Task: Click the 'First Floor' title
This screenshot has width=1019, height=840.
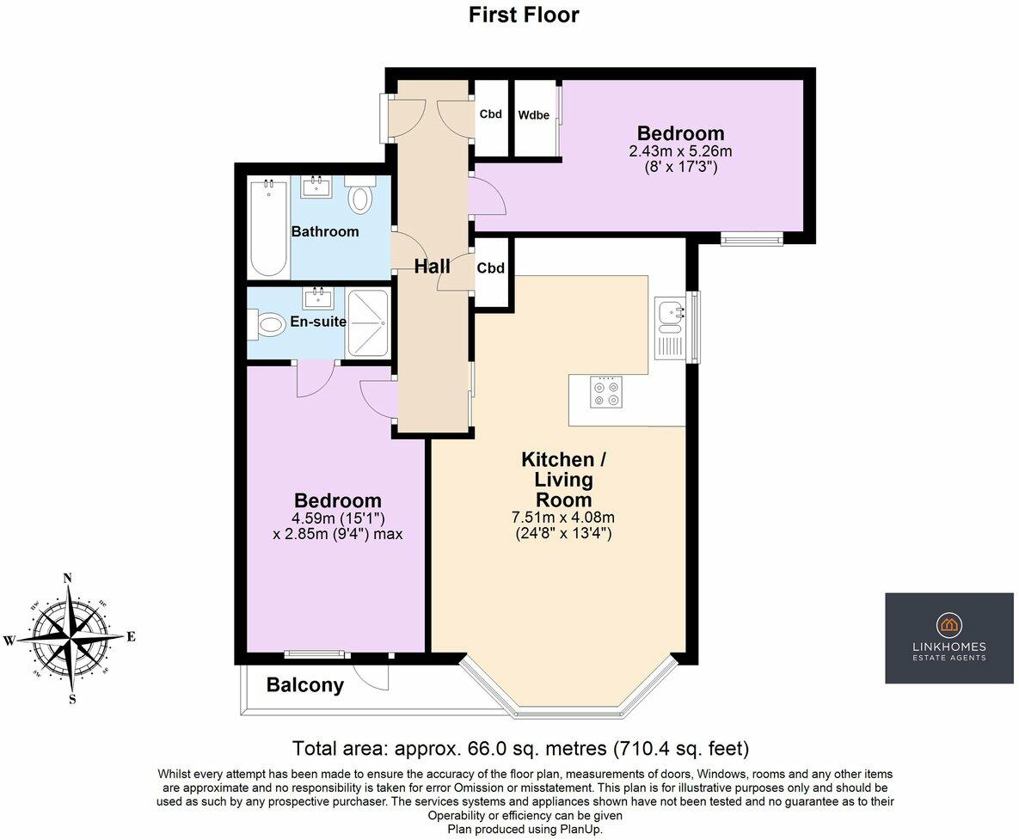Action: click(524, 15)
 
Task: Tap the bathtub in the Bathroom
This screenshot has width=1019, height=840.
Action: click(269, 230)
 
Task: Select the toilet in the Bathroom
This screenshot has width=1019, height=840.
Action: click(360, 194)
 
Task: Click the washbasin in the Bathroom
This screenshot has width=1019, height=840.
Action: click(316, 187)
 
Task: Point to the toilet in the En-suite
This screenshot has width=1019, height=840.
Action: click(267, 323)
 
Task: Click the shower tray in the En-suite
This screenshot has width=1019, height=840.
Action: click(369, 323)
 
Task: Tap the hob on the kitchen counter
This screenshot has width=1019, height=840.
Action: click(605, 392)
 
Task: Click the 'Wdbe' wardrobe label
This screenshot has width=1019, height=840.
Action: click(533, 115)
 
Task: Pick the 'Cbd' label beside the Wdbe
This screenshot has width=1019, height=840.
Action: click(491, 114)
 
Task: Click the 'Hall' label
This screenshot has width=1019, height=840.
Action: click(433, 266)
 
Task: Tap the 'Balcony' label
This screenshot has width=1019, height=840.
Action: click(304, 684)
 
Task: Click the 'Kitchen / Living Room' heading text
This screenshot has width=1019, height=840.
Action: click(563, 480)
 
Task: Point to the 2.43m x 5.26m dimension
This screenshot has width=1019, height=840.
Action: click(680, 151)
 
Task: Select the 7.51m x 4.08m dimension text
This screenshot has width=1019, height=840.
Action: click(563, 518)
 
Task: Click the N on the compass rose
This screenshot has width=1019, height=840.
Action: click(67, 578)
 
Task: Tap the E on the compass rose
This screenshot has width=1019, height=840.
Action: click(131, 636)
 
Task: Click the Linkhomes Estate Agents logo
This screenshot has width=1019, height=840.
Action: click(949, 638)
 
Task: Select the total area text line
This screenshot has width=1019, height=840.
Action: click(520, 748)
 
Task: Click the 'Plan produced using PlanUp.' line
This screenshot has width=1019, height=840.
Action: click(525, 830)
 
